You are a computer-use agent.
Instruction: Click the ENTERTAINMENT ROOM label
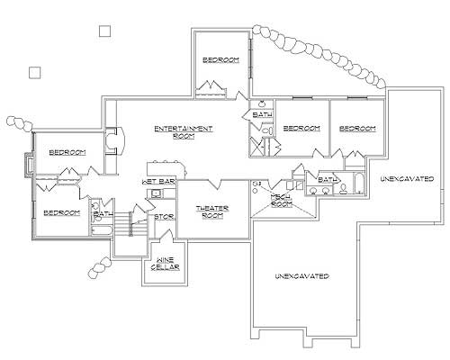point(184,131)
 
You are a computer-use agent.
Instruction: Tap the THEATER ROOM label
point(212,211)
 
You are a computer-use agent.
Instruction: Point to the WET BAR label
point(158,182)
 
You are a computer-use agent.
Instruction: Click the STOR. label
point(164,217)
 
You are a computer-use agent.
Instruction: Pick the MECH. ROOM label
point(282,201)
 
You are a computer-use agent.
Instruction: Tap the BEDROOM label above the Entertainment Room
point(220,59)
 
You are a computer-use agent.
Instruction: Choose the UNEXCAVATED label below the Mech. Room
point(301,275)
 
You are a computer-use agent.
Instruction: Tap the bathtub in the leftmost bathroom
point(100,231)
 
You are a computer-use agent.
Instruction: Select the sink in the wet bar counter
point(156,193)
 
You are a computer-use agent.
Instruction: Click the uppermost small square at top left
point(104,31)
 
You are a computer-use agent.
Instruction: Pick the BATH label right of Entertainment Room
point(262,115)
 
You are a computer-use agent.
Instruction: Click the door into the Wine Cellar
point(166,238)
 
